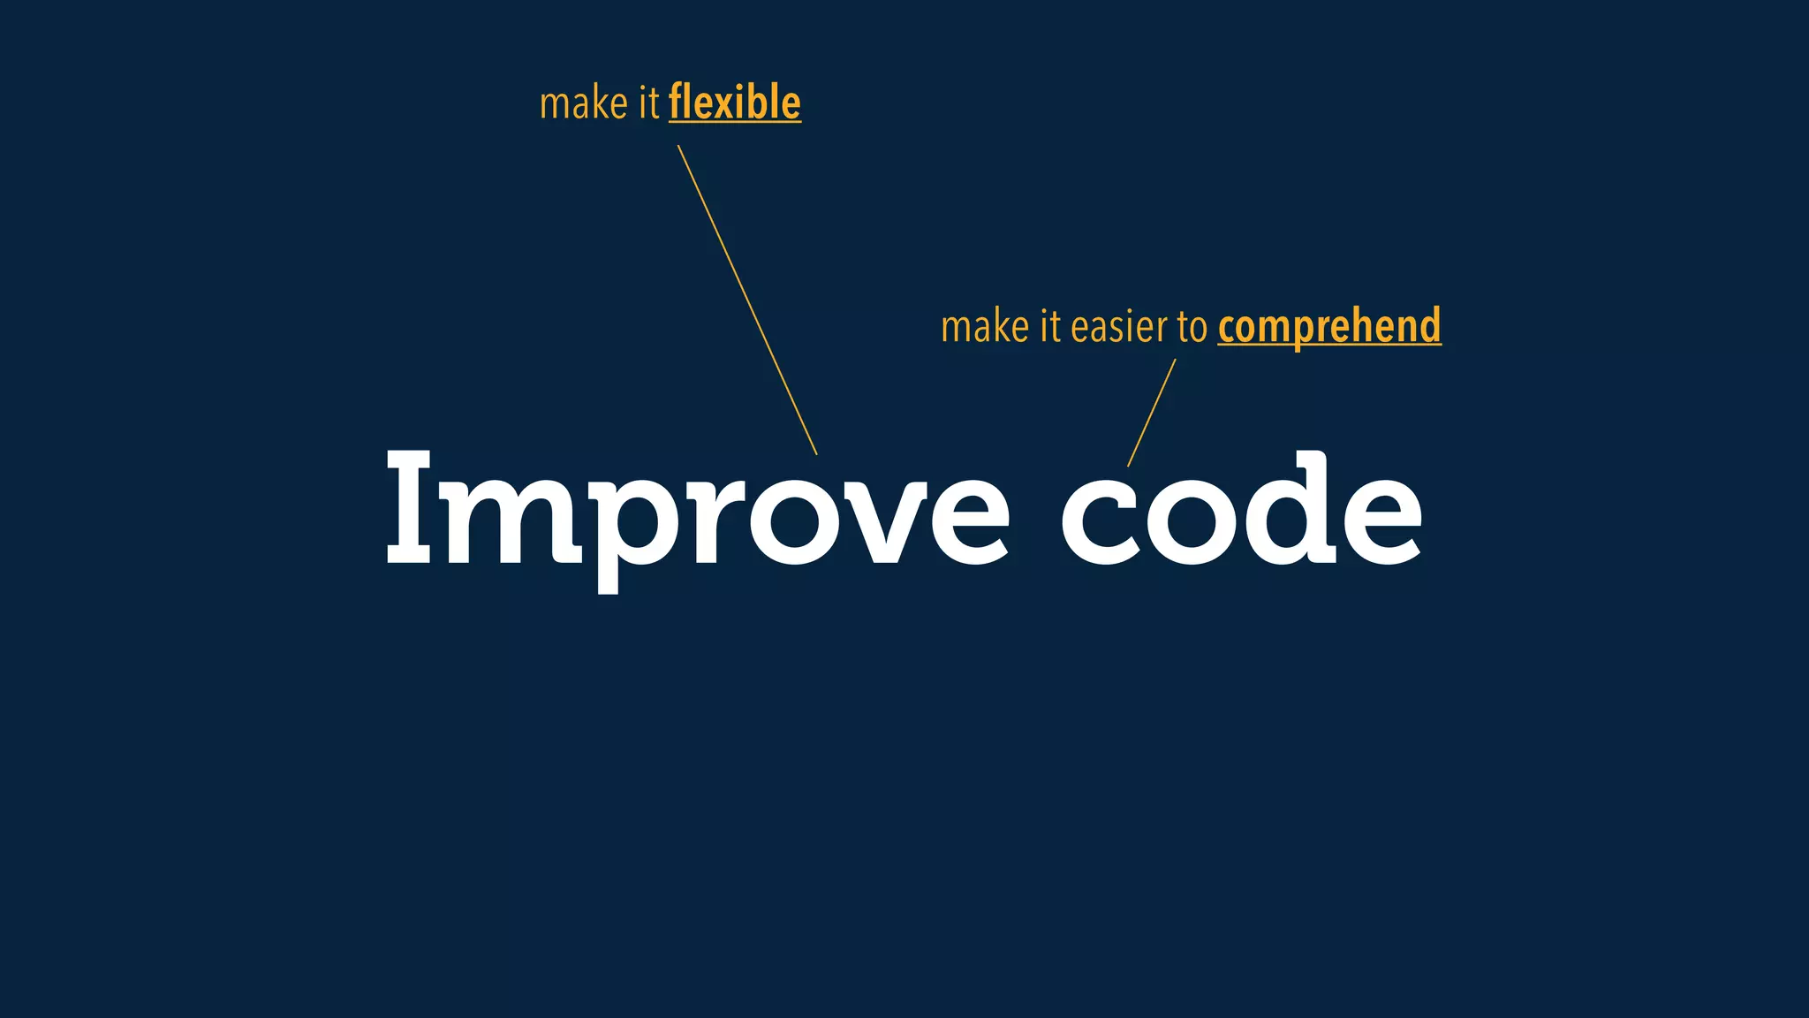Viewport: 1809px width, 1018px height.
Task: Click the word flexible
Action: (x=735, y=103)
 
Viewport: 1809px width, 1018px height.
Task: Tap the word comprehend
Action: (x=1329, y=327)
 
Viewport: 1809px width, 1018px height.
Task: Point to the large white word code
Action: (x=1242, y=511)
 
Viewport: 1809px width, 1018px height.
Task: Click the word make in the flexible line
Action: (x=583, y=103)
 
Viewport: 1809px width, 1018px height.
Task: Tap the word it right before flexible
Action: (x=648, y=103)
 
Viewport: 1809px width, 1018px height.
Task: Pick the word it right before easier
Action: (x=1049, y=327)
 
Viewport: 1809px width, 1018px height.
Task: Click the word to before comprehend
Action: (x=1192, y=328)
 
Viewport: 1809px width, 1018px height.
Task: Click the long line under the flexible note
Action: (x=747, y=300)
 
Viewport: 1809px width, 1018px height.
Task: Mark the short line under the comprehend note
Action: (x=1152, y=413)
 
